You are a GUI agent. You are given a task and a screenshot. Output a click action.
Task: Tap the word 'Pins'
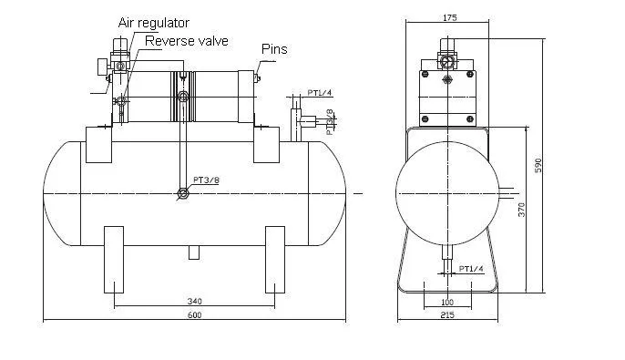coord(274,48)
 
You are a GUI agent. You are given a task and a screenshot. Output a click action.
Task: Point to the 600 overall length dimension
coord(194,314)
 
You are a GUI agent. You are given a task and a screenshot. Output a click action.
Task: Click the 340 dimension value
coord(194,301)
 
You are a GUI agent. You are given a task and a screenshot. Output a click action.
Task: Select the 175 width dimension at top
coord(449,17)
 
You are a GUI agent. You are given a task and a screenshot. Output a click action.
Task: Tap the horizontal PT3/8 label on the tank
coord(206,180)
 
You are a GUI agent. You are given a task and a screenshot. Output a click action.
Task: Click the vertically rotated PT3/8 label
coord(330,121)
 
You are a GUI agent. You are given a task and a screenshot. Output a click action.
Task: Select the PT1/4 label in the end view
coord(471,269)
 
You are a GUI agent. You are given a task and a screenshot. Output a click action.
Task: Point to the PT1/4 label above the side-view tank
coord(319,93)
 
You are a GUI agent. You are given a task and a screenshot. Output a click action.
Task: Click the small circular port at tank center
coord(183,192)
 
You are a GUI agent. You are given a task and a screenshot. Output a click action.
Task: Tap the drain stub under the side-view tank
coord(193,252)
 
